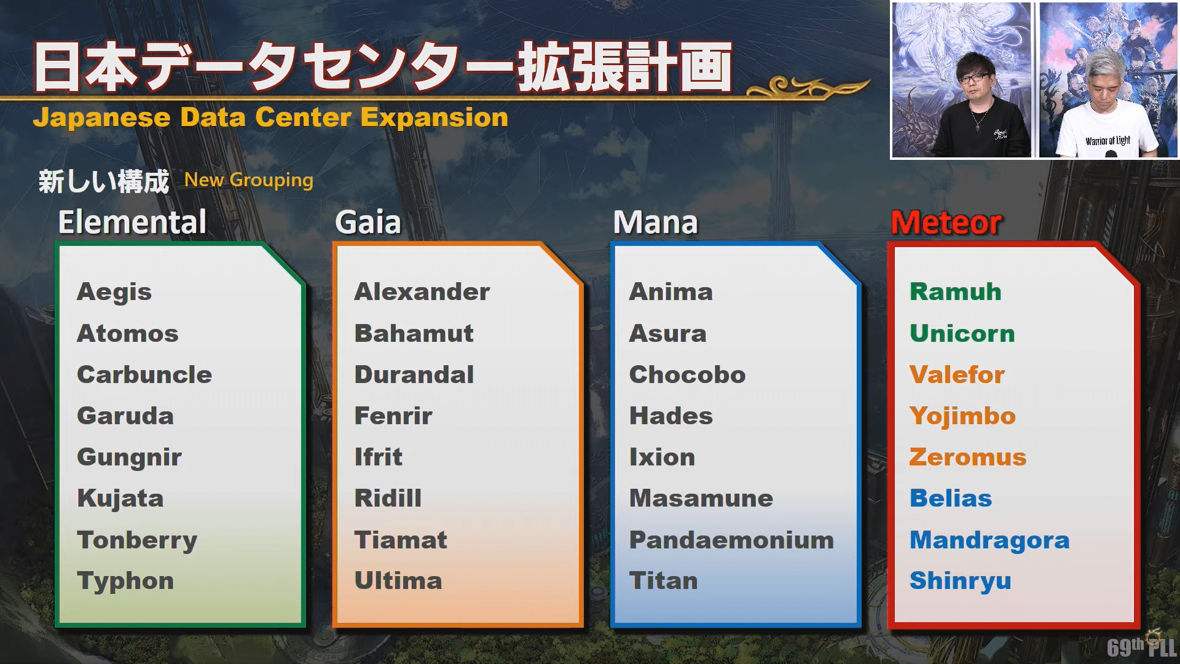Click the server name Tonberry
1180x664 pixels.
pos(137,540)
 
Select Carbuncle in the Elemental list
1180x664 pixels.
pos(144,375)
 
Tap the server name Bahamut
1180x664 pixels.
pos(414,334)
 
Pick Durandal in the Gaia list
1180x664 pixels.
pos(414,375)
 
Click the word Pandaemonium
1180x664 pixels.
pos(731,540)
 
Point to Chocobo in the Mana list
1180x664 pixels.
pos(687,375)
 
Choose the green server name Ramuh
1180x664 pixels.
pos(955,292)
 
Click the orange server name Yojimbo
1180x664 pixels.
pos(962,416)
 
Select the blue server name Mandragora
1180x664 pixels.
pos(989,540)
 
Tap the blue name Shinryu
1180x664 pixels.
pos(960,582)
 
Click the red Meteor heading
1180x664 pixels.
pos(946,223)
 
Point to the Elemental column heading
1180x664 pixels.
pos(132,223)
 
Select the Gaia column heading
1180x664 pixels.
pos(368,223)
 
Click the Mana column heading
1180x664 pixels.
pos(655,223)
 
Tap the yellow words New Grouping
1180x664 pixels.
pos(249,180)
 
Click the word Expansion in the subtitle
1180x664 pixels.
pos(435,117)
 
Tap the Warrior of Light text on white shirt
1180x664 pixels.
pos(1107,141)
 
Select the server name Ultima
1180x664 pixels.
pos(398,582)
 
